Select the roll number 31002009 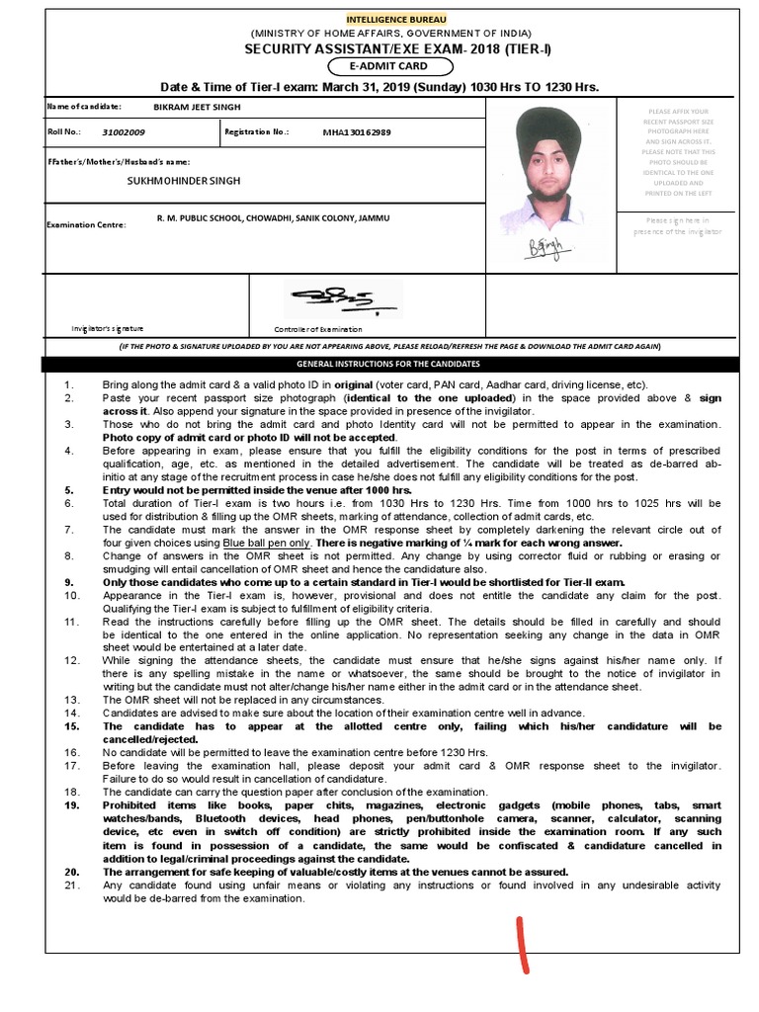(124, 131)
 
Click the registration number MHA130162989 (357, 131)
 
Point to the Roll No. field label (62, 131)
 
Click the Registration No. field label (257, 131)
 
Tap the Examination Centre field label (86, 225)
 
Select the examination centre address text (274, 216)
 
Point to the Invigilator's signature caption (108, 327)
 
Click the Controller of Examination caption (318, 329)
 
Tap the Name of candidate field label (85, 106)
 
